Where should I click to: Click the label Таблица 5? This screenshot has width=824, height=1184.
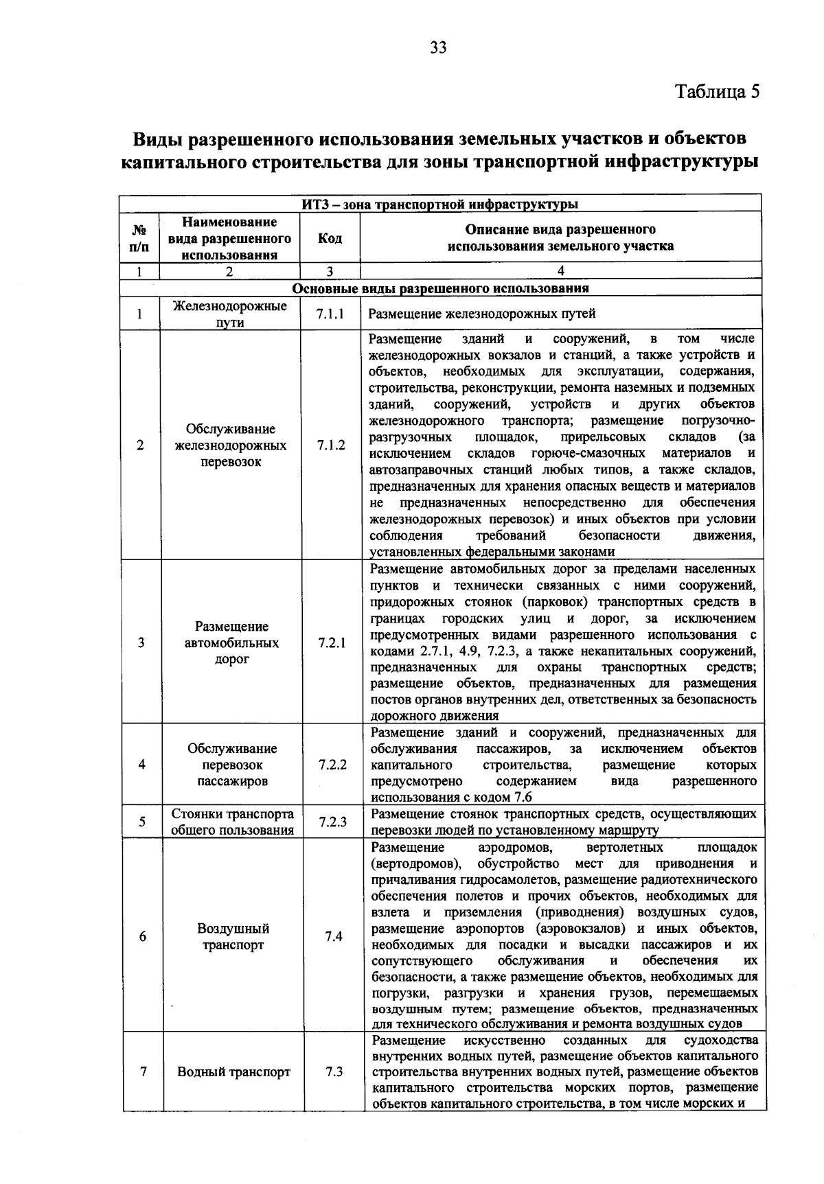pyautogui.click(x=718, y=92)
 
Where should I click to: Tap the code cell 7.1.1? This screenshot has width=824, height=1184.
pyautogui.click(x=330, y=314)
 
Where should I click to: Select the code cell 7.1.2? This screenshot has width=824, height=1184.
pyautogui.click(x=330, y=445)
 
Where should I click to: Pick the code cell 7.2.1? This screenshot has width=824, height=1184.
pyautogui.click(x=332, y=643)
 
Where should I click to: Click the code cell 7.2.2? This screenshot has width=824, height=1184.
pyautogui.click(x=332, y=765)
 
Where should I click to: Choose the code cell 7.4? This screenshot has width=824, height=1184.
pyautogui.click(x=334, y=936)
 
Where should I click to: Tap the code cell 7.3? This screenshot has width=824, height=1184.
pyautogui.click(x=334, y=1071)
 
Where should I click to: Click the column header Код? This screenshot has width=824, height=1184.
pyautogui.click(x=330, y=238)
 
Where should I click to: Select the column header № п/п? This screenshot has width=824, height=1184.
pyautogui.click(x=139, y=238)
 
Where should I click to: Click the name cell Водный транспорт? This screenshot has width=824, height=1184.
pyautogui.click(x=233, y=1071)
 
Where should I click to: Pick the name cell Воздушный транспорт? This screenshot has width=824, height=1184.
pyautogui.click(x=233, y=936)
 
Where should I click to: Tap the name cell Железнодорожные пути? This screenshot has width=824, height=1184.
pyautogui.click(x=230, y=314)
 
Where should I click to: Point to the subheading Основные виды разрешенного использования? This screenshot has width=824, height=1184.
pyautogui.click(x=440, y=288)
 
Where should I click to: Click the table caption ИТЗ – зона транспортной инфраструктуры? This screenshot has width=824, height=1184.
pyautogui.click(x=440, y=204)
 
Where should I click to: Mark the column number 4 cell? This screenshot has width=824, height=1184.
pyautogui.click(x=560, y=271)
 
